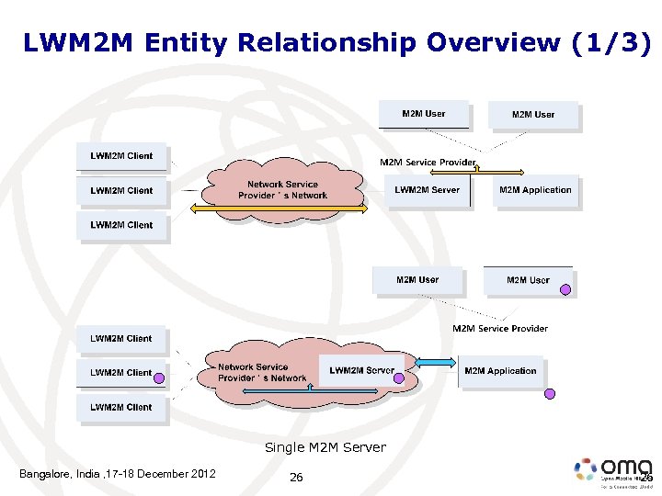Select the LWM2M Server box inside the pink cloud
pyautogui.click(x=360, y=370)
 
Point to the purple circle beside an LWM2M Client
pyautogui.click(x=158, y=377)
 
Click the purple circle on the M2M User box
pyautogui.click(x=566, y=288)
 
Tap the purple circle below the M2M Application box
pyautogui.click(x=550, y=393)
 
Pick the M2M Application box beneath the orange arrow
pyautogui.click(x=535, y=190)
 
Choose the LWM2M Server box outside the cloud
pyautogui.click(x=427, y=190)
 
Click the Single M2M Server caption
pyautogui.click(x=325, y=447)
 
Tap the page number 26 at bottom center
pyautogui.click(x=296, y=477)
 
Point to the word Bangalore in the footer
pyautogui.click(x=46, y=474)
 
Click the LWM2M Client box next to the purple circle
pyautogui.click(x=120, y=373)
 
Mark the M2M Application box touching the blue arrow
pyautogui.click(x=500, y=371)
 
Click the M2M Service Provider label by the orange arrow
pyautogui.click(x=428, y=163)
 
